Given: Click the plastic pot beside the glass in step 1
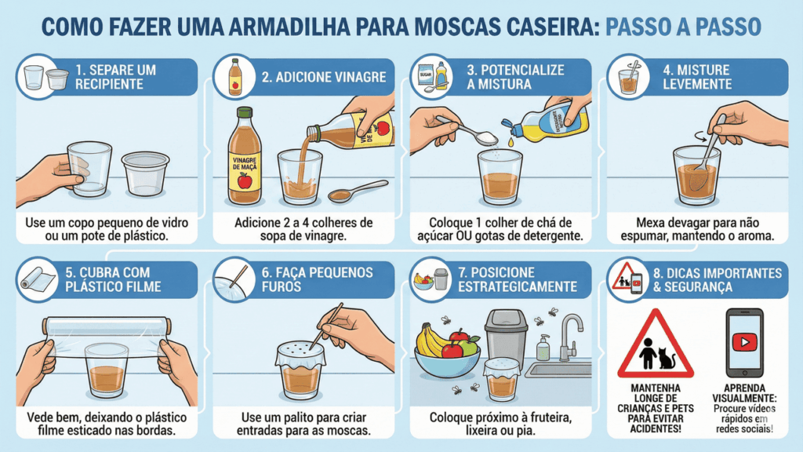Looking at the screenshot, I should coord(145,173).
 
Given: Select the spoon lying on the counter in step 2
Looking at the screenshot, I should coord(357,191).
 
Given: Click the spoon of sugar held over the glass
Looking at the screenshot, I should coord(467,129).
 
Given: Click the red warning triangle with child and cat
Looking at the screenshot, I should coord(656,344).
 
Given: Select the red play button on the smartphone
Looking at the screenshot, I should coord(744,342).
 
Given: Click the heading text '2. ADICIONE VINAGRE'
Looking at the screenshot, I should coord(324,77).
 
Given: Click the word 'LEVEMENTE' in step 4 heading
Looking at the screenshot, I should coord(697,83).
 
